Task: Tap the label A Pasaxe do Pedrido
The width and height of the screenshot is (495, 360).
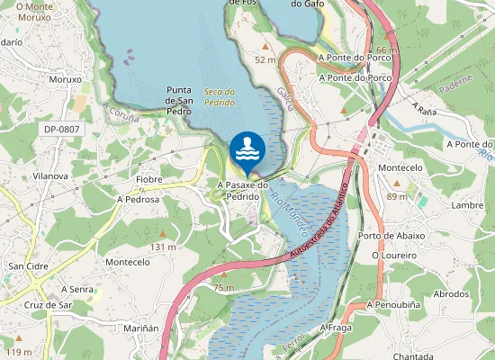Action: [243, 190]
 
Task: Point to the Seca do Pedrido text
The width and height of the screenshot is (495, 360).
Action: [220, 96]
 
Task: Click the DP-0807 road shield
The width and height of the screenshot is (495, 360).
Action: [61, 130]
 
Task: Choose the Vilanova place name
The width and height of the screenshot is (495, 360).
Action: [49, 176]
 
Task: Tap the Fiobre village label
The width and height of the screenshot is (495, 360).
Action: [148, 180]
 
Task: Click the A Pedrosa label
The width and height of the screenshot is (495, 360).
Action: [138, 200]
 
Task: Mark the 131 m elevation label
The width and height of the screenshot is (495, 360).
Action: [163, 247]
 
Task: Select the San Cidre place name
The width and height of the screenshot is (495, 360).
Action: [28, 266]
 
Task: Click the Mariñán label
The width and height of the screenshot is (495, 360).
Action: [139, 328]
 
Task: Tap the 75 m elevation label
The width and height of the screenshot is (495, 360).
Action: [224, 287]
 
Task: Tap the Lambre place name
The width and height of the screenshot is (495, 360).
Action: [467, 205]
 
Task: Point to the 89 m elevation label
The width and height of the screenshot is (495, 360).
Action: [397, 196]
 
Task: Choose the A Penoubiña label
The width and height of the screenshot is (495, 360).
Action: [396, 305]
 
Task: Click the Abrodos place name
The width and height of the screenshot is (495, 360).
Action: [451, 294]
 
